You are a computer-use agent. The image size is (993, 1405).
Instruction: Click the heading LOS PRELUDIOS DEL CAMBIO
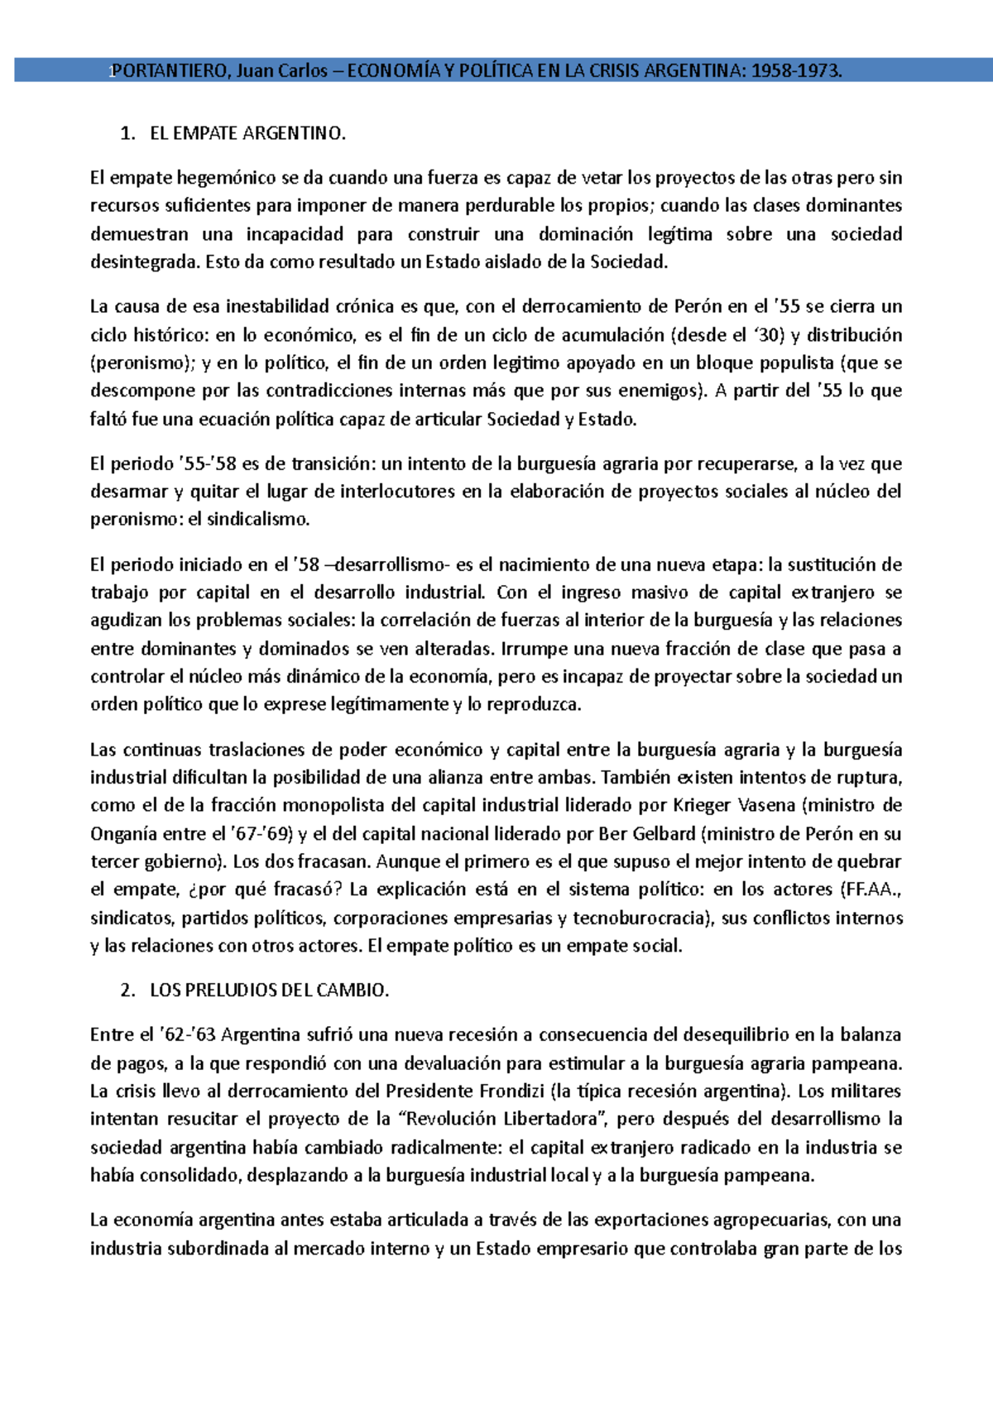pos(269,990)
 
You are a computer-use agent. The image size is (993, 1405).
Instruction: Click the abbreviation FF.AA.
pos(871,890)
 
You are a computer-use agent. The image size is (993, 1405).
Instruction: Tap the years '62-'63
pos(187,1035)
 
